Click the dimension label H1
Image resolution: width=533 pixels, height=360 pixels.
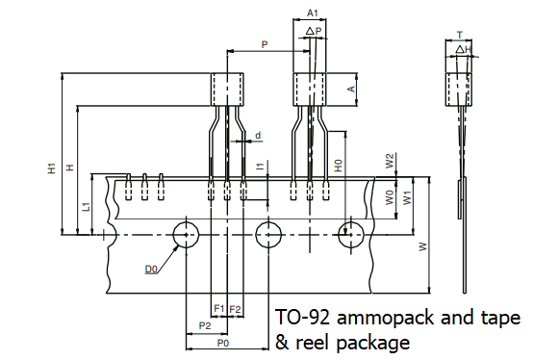52,168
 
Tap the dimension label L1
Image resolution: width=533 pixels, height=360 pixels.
87,206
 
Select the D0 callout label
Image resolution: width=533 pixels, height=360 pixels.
151,270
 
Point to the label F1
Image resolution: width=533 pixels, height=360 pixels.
219,308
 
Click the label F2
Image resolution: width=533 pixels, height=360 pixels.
235,309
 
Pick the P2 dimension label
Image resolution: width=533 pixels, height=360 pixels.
205,326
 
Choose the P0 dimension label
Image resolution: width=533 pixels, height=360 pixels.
223,344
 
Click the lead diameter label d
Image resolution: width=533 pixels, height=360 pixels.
258,136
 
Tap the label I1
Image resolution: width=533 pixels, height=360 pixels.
260,167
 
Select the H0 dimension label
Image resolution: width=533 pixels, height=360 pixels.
339,166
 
